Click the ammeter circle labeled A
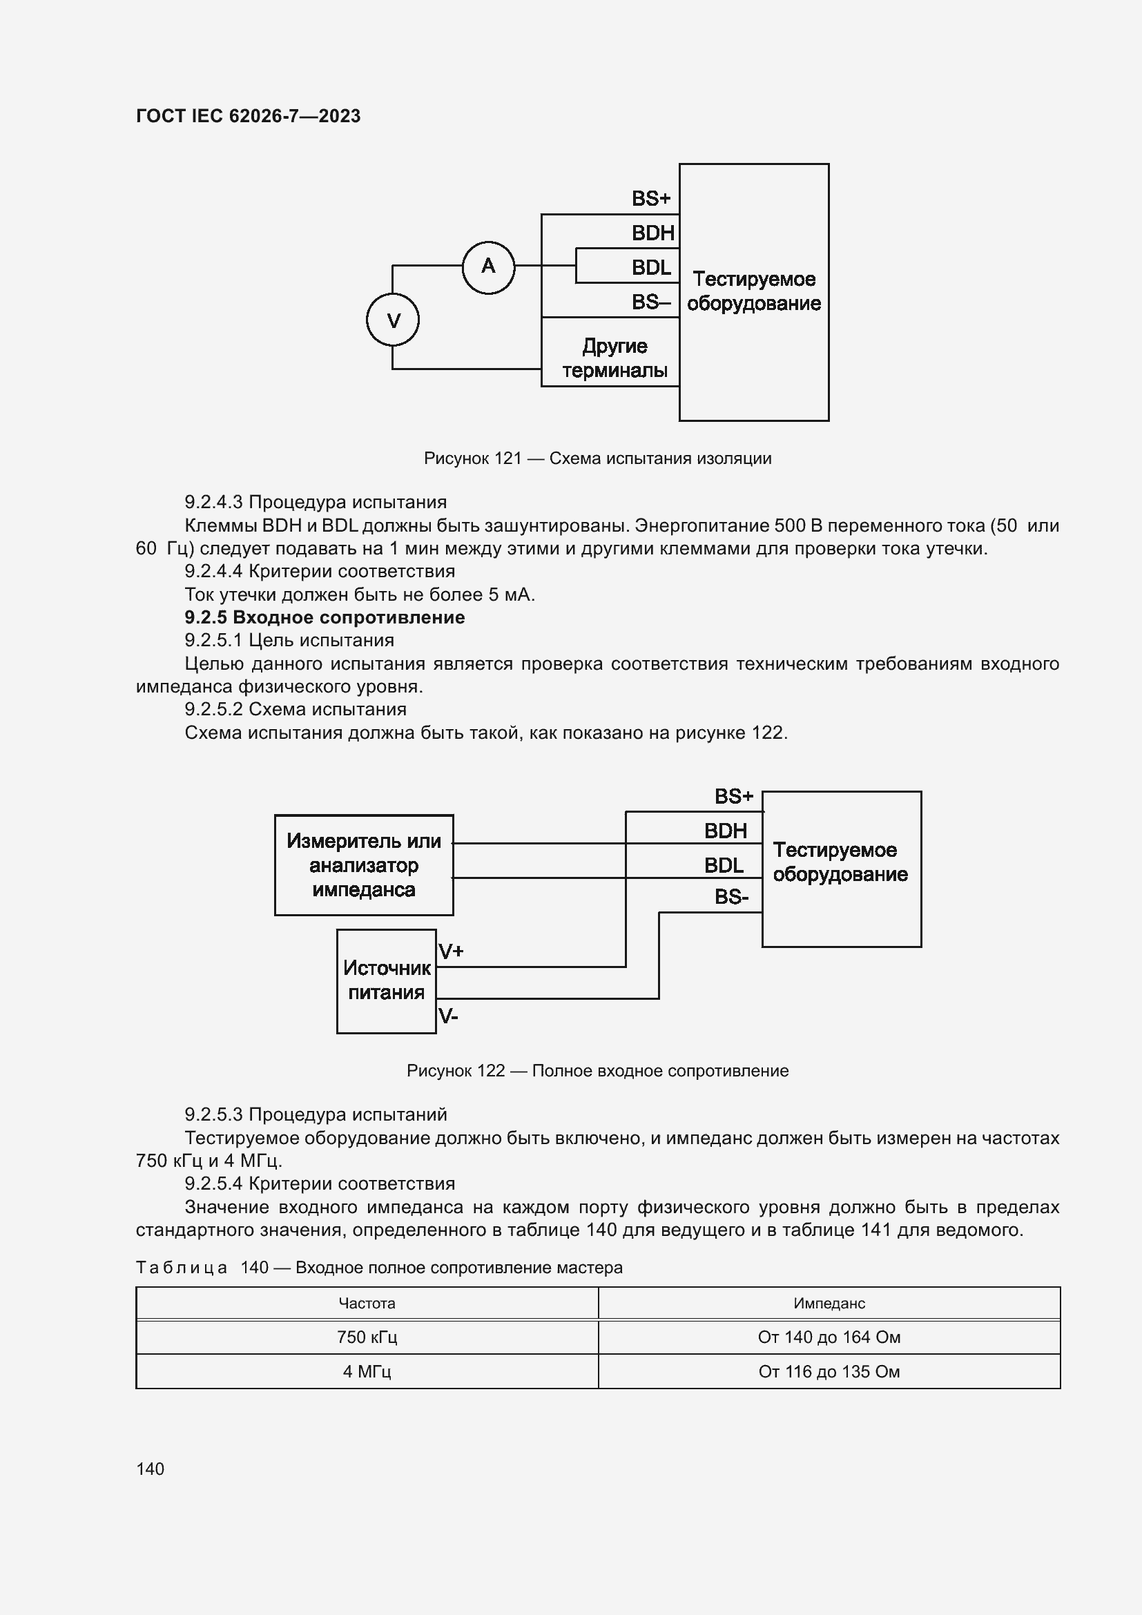point(488,267)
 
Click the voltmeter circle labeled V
point(392,320)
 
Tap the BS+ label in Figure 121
point(650,199)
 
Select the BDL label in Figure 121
point(650,268)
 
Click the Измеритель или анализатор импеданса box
point(364,865)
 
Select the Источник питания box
point(386,980)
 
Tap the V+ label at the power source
point(451,951)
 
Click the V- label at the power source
point(448,1016)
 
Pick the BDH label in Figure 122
point(725,831)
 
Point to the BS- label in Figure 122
point(731,897)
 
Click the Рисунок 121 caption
point(597,458)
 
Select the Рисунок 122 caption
point(597,1071)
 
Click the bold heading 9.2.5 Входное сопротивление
point(325,617)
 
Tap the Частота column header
point(367,1304)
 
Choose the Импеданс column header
point(829,1304)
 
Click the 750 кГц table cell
point(367,1337)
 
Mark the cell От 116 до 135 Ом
point(829,1372)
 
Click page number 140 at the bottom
point(150,1469)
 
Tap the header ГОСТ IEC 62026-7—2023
point(249,116)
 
